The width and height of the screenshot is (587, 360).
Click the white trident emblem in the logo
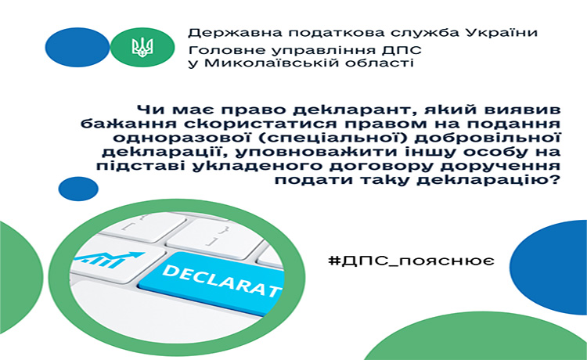[x=142, y=47]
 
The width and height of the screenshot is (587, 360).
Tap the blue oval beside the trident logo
[x=77, y=47]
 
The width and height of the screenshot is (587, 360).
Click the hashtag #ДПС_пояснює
[x=411, y=260]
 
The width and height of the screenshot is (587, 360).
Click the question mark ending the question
[x=555, y=179]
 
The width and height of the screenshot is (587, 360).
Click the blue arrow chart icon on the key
[x=109, y=259]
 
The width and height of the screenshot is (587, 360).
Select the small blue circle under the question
[x=78, y=189]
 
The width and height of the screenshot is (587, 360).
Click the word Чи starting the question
[x=147, y=110]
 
